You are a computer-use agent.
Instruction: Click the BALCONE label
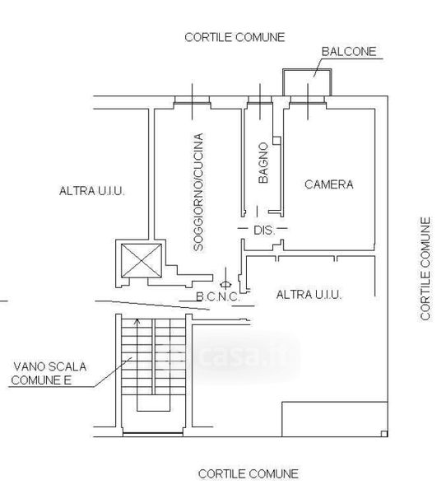pyautogui.click(x=349, y=52)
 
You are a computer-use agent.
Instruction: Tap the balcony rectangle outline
pyautogui.click(x=307, y=70)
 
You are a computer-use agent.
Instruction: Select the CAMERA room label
pyautogui.click(x=329, y=184)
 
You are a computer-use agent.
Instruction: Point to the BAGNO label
pyautogui.click(x=263, y=163)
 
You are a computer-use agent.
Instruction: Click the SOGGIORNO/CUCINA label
pyautogui.click(x=198, y=192)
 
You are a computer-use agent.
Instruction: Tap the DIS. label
pyautogui.click(x=264, y=231)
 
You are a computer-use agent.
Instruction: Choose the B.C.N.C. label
pyautogui.click(x=217, y=296)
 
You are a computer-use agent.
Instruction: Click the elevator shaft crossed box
pyautogui.click(x=142, y=261)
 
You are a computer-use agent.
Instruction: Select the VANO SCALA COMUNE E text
pyautogui.click(x=49, y=373)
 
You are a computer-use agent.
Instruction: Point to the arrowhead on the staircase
pyautogui.click(x=137, y=321)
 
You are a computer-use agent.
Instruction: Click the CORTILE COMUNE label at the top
pyautogui.click(x=235, y=38)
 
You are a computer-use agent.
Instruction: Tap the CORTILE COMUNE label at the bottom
pyautogui.click(x=249, y=474)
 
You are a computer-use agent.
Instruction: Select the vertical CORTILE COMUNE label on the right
pyautogui.click(x=425, y=268)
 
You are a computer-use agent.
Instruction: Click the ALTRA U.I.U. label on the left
pyautogui.click(x=92, y=191)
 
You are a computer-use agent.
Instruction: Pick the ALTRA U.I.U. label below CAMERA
pyautogui.click(x=309, y=295)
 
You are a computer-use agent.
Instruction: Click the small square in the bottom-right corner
pyautogui.click(x=384, y=434)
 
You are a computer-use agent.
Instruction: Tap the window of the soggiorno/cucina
pyautogui.click(x=192, y=101)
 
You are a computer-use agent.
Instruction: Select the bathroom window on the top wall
pyautogui.click(x=260, y=101)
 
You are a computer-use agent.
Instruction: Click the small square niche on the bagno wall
pyautogui.click(x=276, y=141)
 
